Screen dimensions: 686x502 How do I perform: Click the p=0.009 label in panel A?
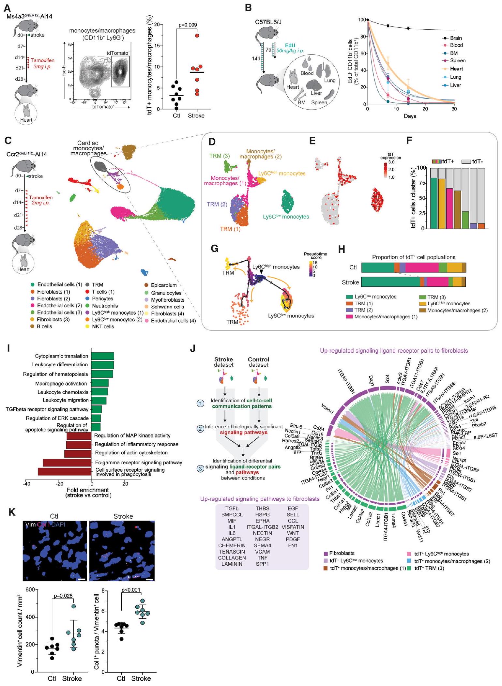point(188,25)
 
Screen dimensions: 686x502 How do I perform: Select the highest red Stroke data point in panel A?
point(197,36)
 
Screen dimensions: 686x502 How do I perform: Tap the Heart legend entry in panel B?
point(456,69)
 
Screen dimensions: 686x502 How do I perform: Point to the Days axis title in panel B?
point(410,116)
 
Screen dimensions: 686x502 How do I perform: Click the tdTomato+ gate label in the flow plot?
point(118,53)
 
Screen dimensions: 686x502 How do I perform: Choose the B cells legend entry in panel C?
point(44,326)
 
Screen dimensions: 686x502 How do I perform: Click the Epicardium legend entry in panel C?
point(164,285)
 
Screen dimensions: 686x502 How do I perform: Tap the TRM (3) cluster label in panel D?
point(220,156)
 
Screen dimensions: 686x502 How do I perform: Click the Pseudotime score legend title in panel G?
point(315,256)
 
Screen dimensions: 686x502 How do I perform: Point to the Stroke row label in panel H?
point(350,282)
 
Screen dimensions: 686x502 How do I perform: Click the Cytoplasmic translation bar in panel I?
point(102,356)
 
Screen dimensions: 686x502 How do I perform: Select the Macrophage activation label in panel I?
point(61,384)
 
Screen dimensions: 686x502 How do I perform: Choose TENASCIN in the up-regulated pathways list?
point(232,552)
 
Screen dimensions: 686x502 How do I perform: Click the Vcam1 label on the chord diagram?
point(327,409)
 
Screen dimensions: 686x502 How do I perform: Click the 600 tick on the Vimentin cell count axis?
point(30,589)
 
